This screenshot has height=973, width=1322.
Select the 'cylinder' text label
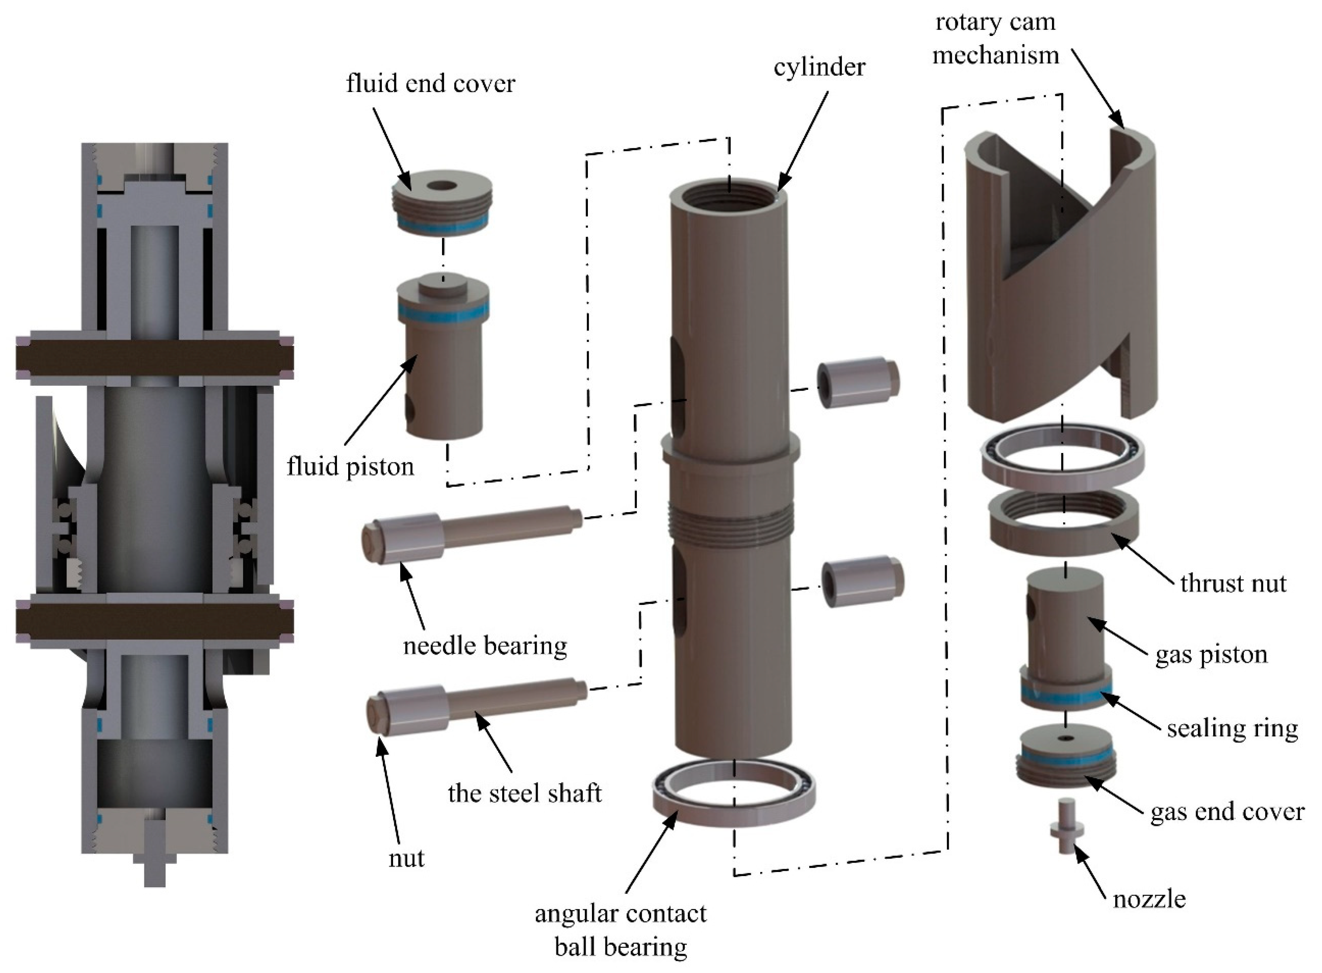point(819,67)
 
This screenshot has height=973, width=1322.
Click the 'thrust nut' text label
point(1233,583)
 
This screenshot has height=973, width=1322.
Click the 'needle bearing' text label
point(485,646)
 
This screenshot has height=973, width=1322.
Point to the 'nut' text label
point(406,858)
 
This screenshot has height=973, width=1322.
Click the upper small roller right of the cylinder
point(858,383)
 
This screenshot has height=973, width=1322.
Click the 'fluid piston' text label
point(350,466)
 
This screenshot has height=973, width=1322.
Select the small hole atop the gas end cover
point(1065,738)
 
